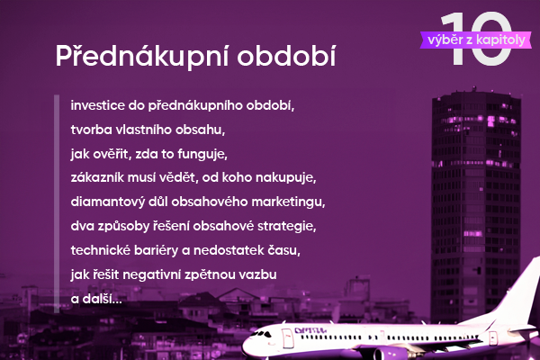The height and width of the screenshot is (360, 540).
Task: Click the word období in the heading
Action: click(286, 55)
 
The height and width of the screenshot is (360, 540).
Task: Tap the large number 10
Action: click(477, 39)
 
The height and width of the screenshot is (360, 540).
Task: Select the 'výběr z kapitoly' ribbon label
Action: click(476, 40)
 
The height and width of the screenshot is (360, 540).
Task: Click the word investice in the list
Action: click(98, 105)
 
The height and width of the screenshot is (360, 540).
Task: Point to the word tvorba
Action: click(91, 130)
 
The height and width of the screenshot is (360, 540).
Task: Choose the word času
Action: click(285, 250)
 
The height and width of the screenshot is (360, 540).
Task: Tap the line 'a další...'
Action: click(96, 299)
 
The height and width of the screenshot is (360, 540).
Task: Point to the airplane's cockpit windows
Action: click(262, 334)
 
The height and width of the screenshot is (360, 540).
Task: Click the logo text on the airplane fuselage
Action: click(310, 330)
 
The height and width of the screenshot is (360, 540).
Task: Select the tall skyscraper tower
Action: click(476, 203)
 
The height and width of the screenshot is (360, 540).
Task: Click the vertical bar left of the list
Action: click(57, 203)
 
